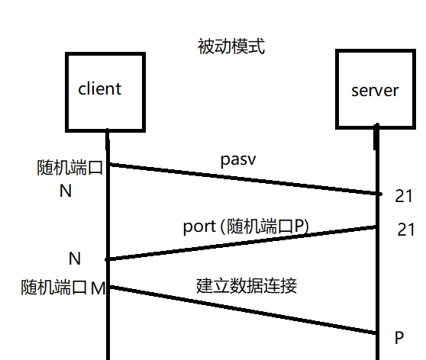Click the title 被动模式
click(231, 47)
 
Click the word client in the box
click(100, 88)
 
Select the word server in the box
click(375, 91)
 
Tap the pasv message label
click(238, 159)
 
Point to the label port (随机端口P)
click(246, 227)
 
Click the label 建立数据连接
click(247, 286)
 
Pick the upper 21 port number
click(404, 196)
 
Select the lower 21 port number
click(406, 230)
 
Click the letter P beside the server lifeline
click(399, 338)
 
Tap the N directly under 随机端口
click(66, 191)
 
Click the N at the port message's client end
click(75, 259)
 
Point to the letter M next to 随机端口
click(98, 288)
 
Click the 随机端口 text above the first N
click(69, 168)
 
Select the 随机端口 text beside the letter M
click(53, 288)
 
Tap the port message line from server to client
click(242, 243)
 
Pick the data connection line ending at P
click(244, 310)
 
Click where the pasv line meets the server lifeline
click(378, 194)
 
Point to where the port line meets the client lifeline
click(108, 259)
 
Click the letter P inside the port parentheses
click(299, 226)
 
